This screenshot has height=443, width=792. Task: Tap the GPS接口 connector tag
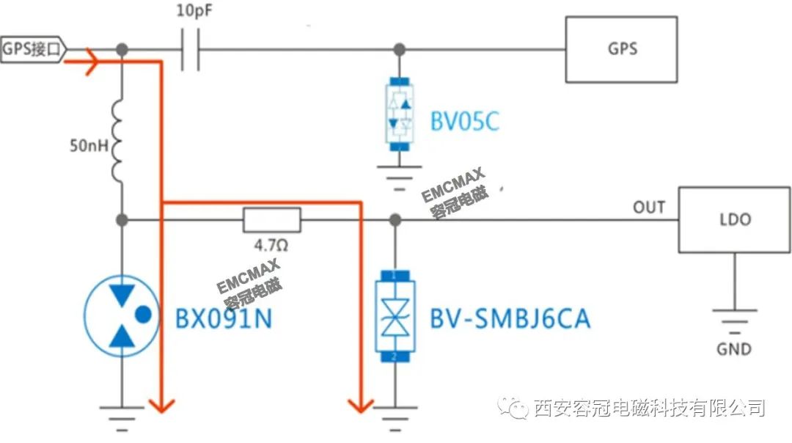tap(33, 49)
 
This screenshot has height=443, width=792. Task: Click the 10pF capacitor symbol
tap(190, 49)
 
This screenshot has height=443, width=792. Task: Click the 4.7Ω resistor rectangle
tap(272, 220)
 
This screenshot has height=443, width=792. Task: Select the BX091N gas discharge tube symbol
tap(122, 315)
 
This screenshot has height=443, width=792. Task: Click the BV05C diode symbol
tap(399, 114)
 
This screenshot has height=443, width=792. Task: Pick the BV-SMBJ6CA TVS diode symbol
tap(395, 316)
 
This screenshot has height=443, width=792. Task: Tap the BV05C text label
tap(464, 121)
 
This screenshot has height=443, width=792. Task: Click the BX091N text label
tap(223, 318)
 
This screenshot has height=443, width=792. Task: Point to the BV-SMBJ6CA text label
tap(510, 318)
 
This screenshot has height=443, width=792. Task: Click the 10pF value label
tap(194, 10)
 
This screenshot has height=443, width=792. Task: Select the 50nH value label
tap(89, 145)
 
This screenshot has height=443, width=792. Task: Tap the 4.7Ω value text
tap(271, 246)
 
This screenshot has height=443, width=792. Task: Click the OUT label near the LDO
tap(649, 207)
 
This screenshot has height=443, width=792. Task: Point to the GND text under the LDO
tap(734, 348)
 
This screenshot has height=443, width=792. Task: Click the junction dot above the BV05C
tap(399, 49)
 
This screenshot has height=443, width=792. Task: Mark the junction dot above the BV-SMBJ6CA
tap(395, 220)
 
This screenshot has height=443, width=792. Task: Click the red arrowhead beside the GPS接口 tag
tap(91, 62)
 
